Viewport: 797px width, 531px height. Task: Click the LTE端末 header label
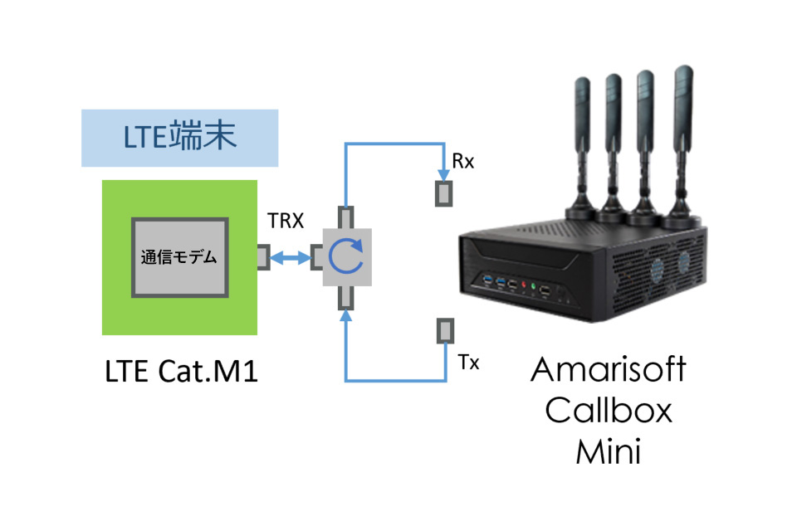(179, 136)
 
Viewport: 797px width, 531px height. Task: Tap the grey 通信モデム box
(178, 257)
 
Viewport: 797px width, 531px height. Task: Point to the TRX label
(285, 222)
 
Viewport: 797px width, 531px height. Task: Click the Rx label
(463, 162)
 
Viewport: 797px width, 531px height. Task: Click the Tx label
(468, 363)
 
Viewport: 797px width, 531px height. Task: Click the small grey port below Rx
(445, 193)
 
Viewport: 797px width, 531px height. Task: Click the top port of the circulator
(345, 217)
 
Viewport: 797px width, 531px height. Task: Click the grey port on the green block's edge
(262, 257)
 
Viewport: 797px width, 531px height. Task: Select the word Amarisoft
(609, 370)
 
